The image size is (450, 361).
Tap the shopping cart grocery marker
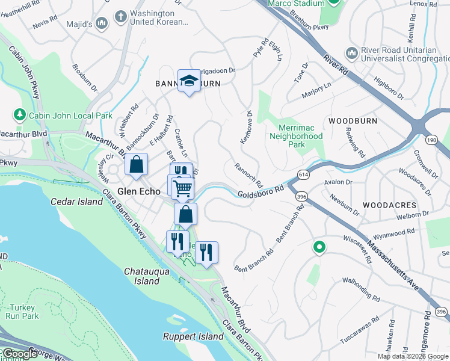tap(182, 188)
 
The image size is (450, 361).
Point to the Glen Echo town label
tap(138, 191)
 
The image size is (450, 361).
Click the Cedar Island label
tap(76, 202)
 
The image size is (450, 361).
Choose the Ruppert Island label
tap(193, 337)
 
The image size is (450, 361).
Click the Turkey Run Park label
tap(23, 311)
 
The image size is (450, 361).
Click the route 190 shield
tap(431, 140)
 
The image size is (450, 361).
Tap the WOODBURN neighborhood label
tap(353, 121)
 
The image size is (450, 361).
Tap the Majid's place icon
tap(102, 23)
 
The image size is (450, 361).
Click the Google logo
tap(19, 354)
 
